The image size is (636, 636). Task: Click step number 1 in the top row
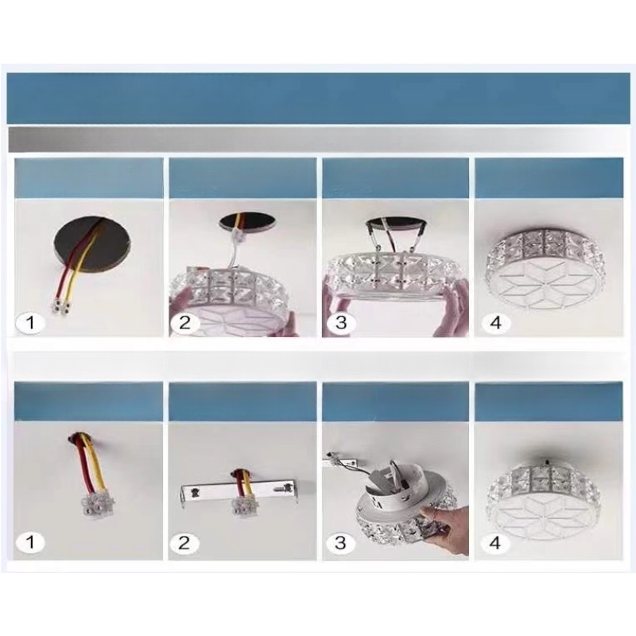30,323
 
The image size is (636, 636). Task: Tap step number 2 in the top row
184,323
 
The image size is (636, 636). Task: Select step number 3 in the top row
341,323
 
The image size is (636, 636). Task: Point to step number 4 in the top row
495,323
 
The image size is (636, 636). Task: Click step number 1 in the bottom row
30,543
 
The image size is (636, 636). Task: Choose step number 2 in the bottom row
184,543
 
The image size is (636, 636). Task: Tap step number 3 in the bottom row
341,543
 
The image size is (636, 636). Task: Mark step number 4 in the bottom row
495,543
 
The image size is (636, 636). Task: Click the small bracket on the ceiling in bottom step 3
341,461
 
